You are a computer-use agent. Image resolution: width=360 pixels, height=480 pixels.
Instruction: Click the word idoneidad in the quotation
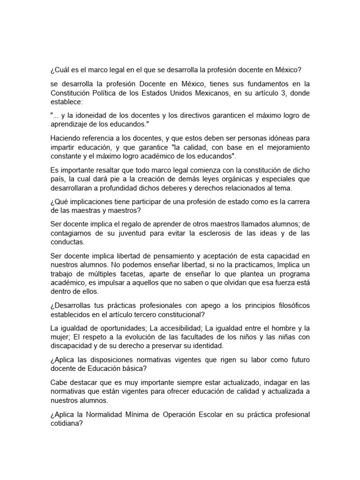pyautogui.click(x=87, y=115)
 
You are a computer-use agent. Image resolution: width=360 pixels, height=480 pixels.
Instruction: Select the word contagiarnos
pyautogui.click(x=72, y=233)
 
